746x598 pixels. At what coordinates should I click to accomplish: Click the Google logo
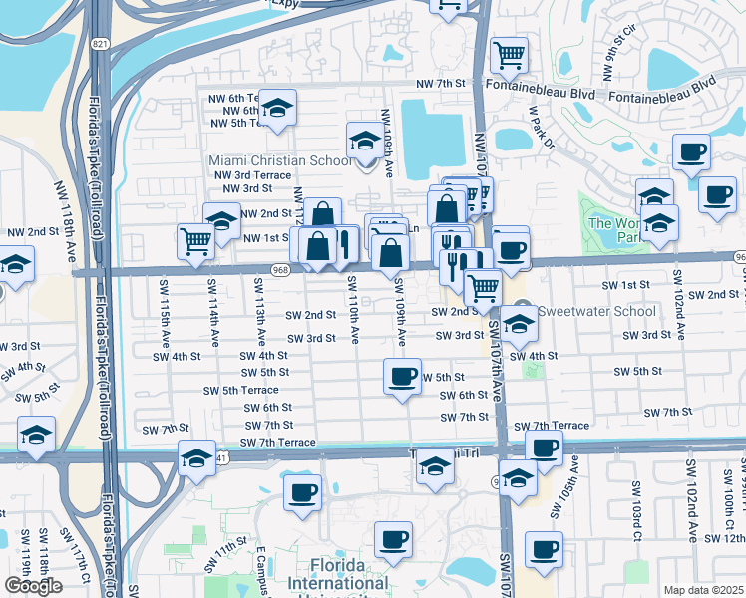33,586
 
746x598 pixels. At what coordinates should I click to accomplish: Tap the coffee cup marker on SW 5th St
402,377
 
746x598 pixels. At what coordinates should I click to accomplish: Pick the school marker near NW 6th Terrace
279,107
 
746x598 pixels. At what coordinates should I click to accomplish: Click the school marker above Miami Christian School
364,140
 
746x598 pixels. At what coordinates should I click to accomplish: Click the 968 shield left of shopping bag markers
280,269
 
